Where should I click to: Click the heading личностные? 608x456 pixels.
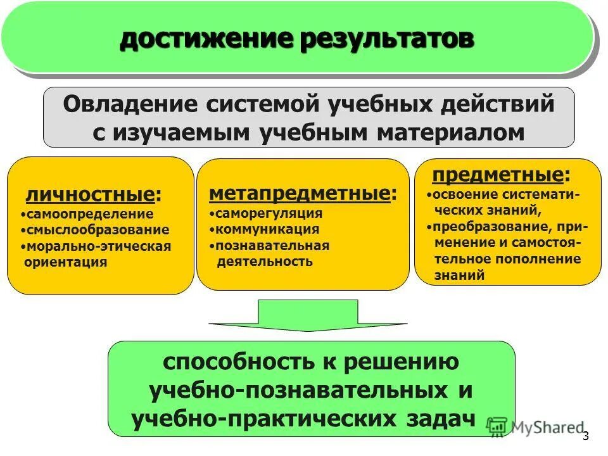[91, 194]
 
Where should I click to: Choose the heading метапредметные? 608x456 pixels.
[300, 193]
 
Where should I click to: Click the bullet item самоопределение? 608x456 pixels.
[90, 215]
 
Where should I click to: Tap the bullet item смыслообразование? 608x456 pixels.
[98, 230]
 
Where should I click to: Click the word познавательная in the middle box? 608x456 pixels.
[272, 246]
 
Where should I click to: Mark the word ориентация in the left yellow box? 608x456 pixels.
[65, 261]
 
